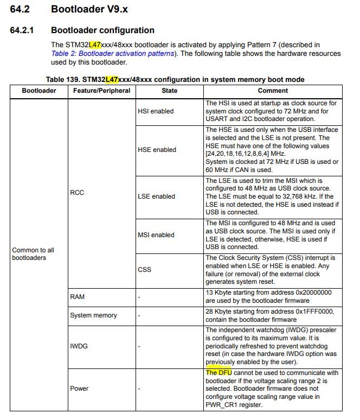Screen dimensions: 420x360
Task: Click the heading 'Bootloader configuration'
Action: coord(102,30)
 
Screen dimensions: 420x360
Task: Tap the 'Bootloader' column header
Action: coord(38,91)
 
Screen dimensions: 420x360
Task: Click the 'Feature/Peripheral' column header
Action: coord(101,91)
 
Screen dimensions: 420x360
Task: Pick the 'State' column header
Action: coord(169,91)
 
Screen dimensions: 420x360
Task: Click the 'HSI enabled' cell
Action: coord(156,111)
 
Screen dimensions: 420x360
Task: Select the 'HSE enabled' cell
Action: coord(157,150)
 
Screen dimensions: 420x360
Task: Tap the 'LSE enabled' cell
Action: coord(156,196)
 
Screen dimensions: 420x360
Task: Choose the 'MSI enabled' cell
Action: coord(156,235)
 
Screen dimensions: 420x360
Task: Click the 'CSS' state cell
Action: coord(145,270)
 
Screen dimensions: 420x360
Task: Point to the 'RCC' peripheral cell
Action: coord(77,193)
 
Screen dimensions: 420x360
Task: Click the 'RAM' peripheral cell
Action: coord(77,297)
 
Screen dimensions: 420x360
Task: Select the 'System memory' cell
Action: coord(93,315)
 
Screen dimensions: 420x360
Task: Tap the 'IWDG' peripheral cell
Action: coord(79,345)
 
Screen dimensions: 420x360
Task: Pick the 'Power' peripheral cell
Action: coord(79,389)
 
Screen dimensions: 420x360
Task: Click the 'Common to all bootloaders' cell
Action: coord(34,254)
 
